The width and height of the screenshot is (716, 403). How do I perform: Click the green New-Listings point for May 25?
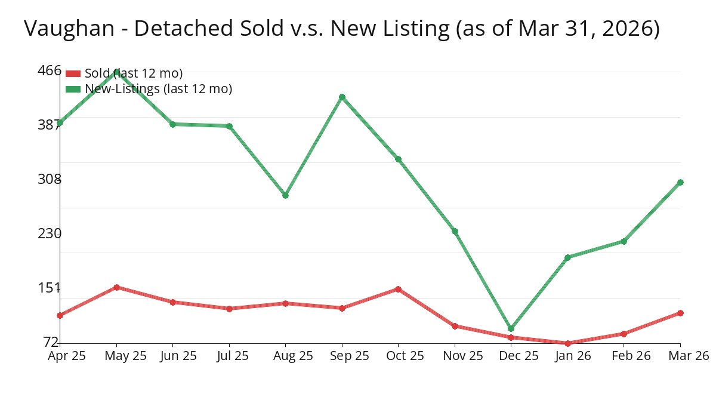tap(116, 71)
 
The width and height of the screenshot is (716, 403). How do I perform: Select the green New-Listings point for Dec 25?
tap(511, 328)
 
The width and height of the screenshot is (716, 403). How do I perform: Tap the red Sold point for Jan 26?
tap(567, 343)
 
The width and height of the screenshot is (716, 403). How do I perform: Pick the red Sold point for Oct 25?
tap(398, 289)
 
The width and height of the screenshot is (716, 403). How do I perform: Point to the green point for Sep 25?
tap(342, 97)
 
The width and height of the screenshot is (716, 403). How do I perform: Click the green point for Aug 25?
tap(285, 195)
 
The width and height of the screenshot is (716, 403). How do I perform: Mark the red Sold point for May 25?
tap(116, 287)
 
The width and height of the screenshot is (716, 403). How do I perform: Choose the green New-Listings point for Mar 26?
tap(680, 182)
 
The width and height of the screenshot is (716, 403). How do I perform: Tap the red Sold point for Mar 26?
tap(680, 313)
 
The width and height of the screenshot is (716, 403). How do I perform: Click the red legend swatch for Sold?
tap(73, 73)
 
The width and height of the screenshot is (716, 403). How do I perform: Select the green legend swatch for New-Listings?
tap(73, 89)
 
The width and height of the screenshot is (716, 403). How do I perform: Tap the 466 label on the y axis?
tap(50, 70)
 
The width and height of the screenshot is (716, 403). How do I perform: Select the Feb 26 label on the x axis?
tap(624, 356)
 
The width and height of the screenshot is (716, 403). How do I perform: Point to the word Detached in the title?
tap(163, 28)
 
